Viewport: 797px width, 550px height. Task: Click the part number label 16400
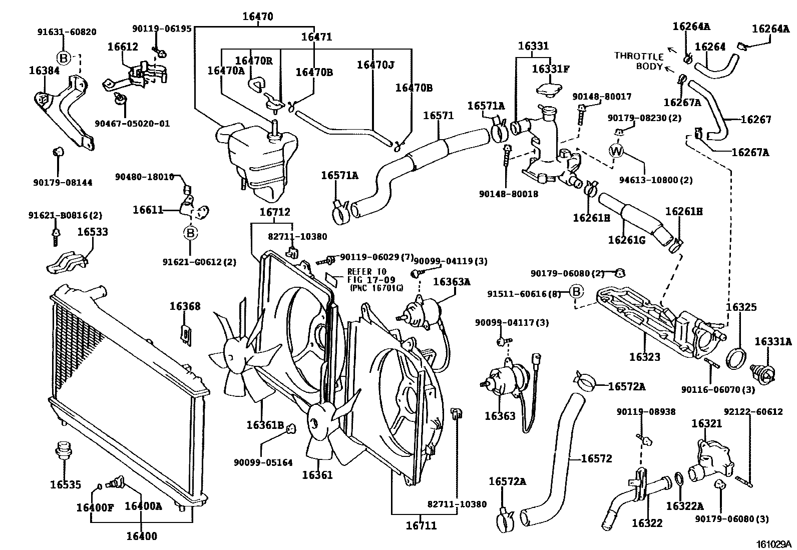[141, 536]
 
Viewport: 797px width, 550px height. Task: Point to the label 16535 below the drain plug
[66, 484]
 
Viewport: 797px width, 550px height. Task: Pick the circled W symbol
[616, 151]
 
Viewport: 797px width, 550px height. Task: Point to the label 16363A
[452, 282]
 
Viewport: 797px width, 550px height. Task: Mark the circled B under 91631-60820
[64, 58]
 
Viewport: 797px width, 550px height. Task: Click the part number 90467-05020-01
[132, 123]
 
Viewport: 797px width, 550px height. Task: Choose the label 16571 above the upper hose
[438, 116]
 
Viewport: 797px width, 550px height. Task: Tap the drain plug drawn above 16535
[63, 450]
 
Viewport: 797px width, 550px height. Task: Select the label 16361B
[265, 425]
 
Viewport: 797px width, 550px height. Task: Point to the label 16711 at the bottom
[421, 525]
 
